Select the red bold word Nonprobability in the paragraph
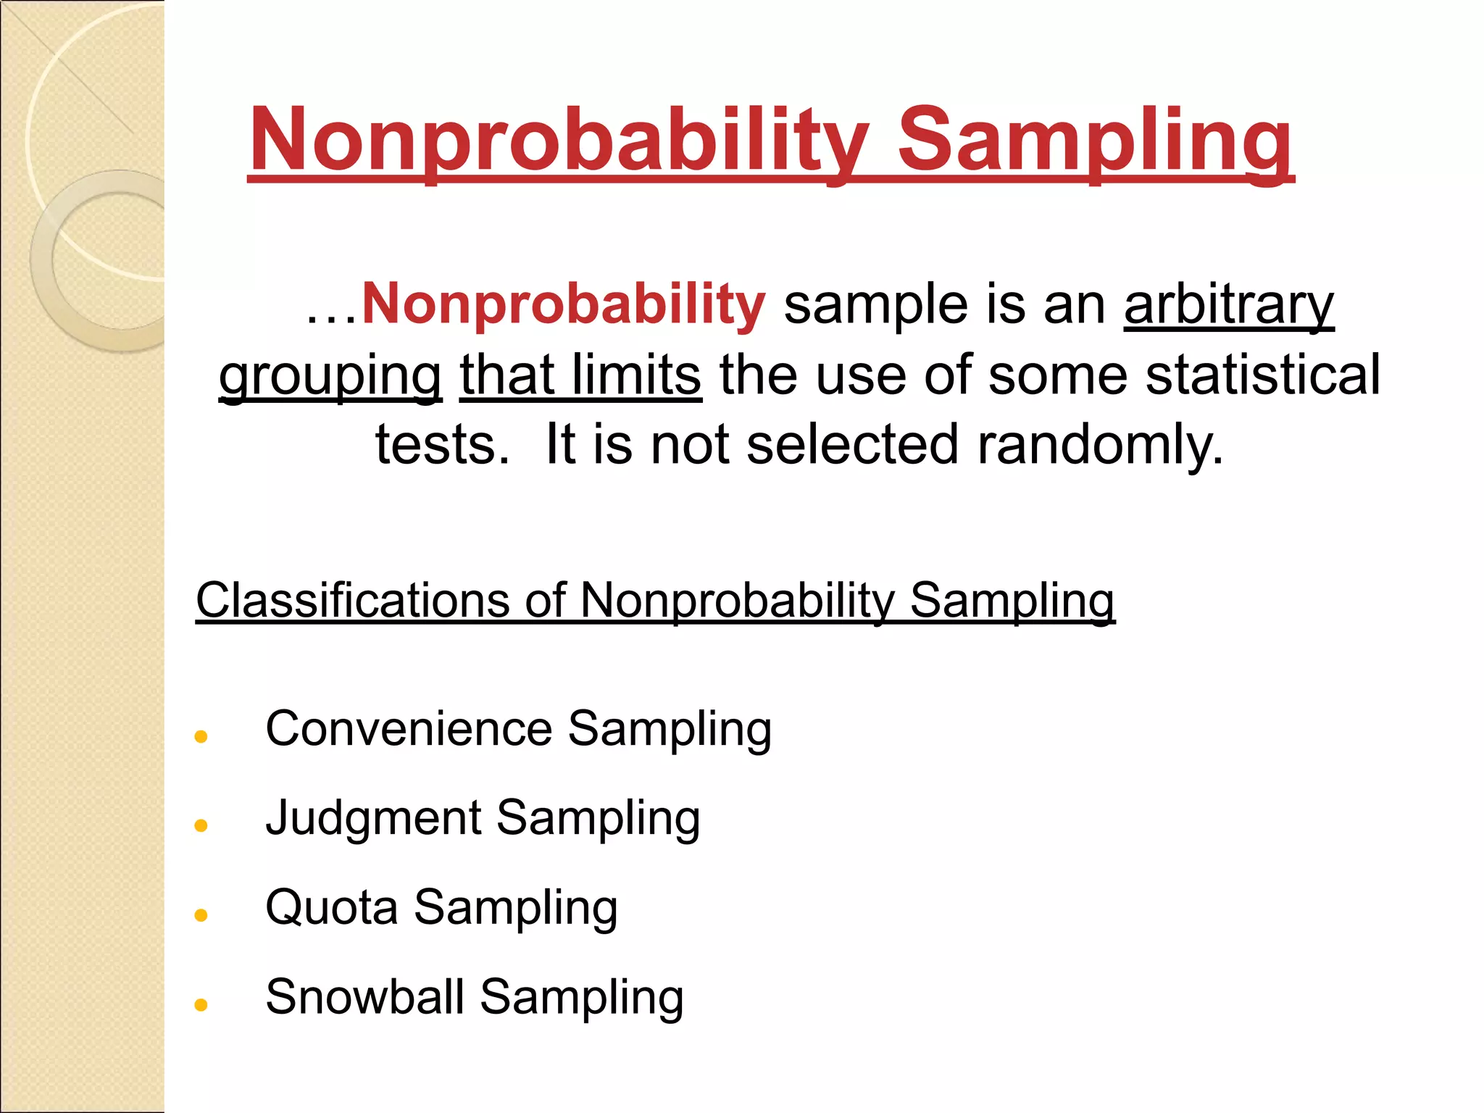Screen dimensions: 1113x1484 (563, 304)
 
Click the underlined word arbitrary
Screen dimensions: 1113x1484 (1229, 304)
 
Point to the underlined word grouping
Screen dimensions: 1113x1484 (330, 375)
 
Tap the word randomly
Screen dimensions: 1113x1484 (1100, 443)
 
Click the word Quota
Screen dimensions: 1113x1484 (332, 907)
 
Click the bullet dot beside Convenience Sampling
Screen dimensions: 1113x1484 (201, 737)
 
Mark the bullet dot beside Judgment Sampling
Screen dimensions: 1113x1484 (201, 825)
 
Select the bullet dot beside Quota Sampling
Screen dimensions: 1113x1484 (201, 915)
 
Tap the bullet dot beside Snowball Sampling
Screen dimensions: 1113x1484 (201, 1004)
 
